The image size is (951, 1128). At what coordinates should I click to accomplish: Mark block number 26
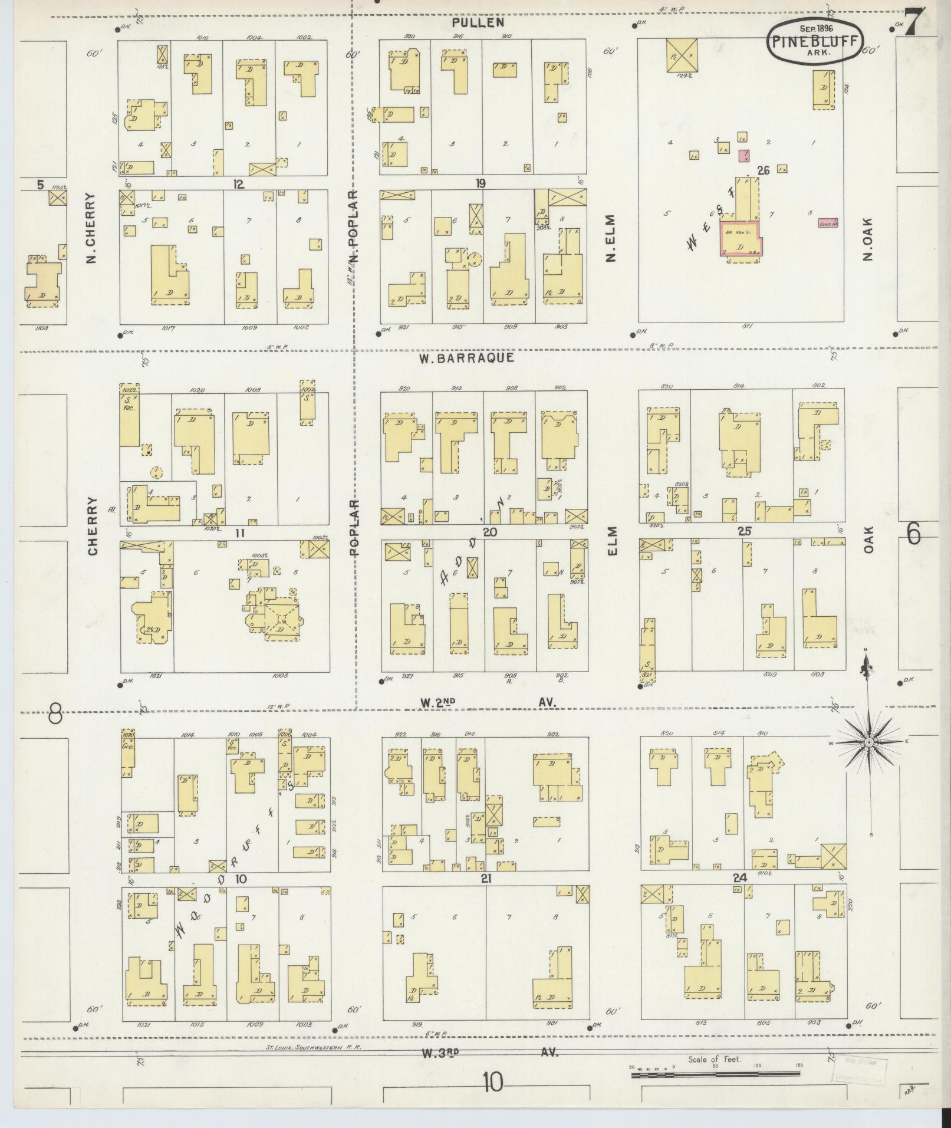point(764,171)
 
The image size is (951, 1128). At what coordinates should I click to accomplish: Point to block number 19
point(481,183)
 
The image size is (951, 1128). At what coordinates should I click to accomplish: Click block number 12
point(238,185)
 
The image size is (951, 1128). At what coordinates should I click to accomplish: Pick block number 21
point(486,879)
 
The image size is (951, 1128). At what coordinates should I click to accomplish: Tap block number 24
point(740,878)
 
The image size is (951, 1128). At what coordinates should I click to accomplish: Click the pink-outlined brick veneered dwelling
point(739,239)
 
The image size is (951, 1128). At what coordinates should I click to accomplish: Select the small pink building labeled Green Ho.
point(828,223)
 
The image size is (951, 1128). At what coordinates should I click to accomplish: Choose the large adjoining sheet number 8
point(55,715)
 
